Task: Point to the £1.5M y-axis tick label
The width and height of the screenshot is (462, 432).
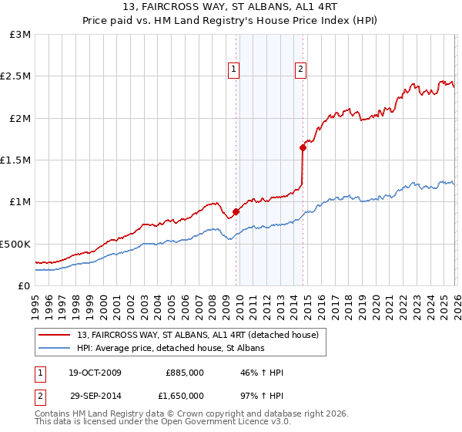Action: pos(16,160)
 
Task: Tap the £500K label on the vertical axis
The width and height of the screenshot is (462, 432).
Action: pos(16,244)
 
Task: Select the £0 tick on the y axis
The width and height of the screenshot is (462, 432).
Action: pos(25,285)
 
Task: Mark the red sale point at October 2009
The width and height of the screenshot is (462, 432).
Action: pos(236,211)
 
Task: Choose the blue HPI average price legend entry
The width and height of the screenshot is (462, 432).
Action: pos(170,349)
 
